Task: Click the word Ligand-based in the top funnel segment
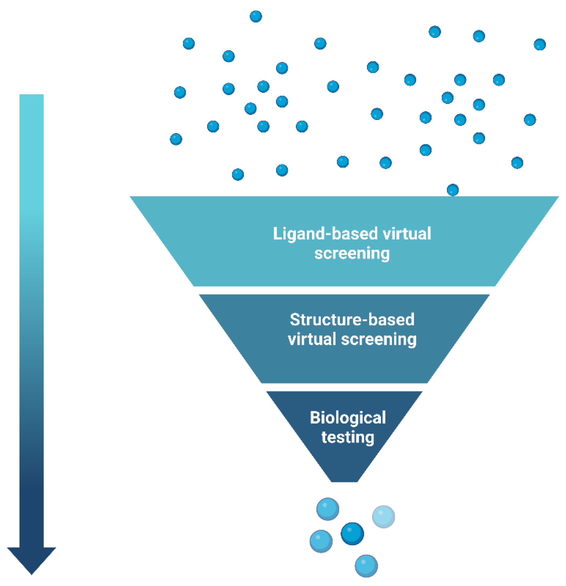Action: (325, 234)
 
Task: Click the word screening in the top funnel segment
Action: (352, 253)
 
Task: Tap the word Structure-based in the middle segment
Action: (352, 320)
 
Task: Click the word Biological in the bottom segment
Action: (348, 418)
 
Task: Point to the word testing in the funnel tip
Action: (348, 437)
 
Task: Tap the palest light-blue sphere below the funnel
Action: (383, 517)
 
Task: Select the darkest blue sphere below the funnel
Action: (352, 534)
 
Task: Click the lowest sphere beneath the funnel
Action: (366, 566)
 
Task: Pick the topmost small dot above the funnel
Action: (256, 16)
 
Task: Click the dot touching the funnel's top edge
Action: (453, 190)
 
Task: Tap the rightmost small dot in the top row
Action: (540, 45)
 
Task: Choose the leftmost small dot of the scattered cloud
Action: (176, 139)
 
